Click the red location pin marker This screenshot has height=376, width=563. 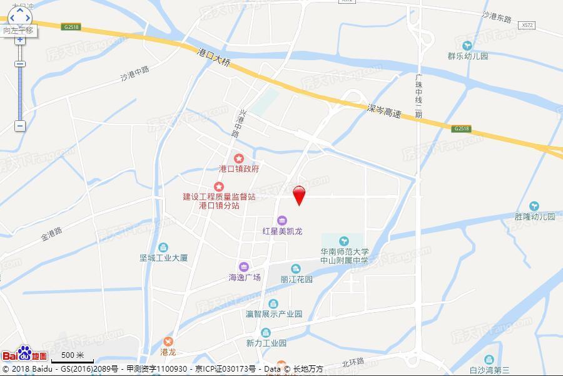tap(300, 195)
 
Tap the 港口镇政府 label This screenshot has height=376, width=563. tap(239, 169)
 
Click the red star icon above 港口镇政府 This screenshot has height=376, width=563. tap(239, 158)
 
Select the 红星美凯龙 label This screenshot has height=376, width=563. tap(282, 231)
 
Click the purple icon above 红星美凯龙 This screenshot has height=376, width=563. tap(282, 220)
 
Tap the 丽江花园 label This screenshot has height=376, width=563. tap(297, 279)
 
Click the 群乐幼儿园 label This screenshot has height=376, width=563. tap(467, 56)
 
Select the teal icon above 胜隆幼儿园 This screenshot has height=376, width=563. tap(534, 206)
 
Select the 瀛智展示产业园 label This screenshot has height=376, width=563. tap(274, 314)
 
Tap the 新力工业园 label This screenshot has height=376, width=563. tap(266, 343)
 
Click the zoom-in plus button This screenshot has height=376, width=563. tap(20, 39)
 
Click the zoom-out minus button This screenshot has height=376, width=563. tap(20, 125)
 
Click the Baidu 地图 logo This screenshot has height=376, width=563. tap(24, 355)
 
